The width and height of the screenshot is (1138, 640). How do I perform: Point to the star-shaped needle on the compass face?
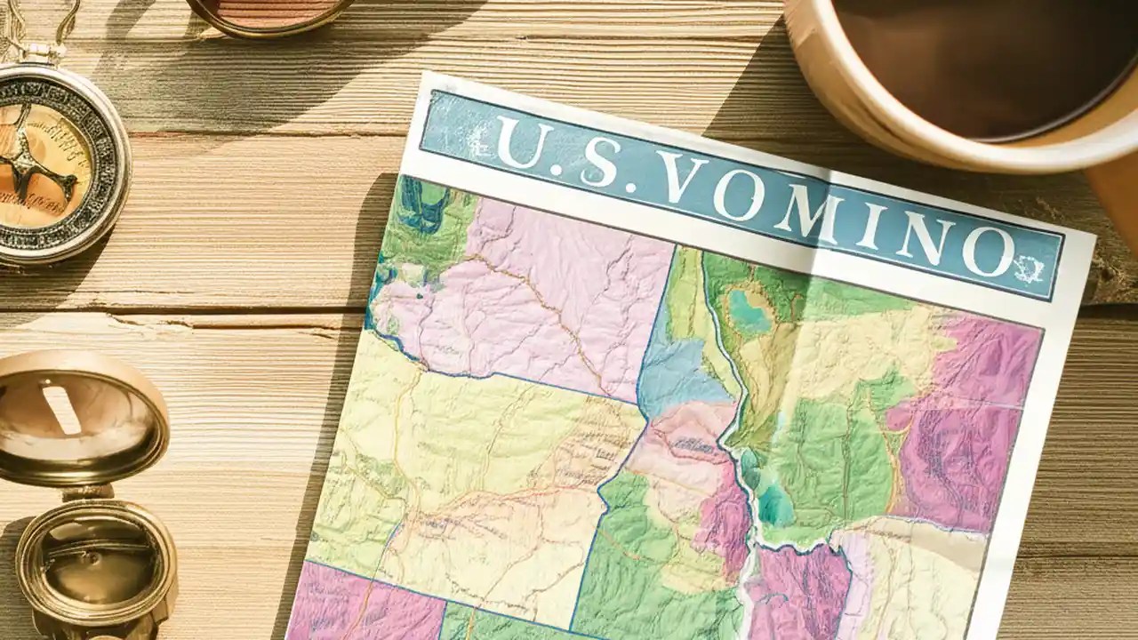coord(40,169)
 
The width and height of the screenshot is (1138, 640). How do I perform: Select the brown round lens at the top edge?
coord(267,11)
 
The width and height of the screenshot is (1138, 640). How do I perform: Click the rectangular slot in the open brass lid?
coord(62,409)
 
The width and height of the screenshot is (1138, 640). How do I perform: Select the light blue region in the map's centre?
coord(680,373)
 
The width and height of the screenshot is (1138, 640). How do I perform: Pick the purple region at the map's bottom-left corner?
coord(365,604)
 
